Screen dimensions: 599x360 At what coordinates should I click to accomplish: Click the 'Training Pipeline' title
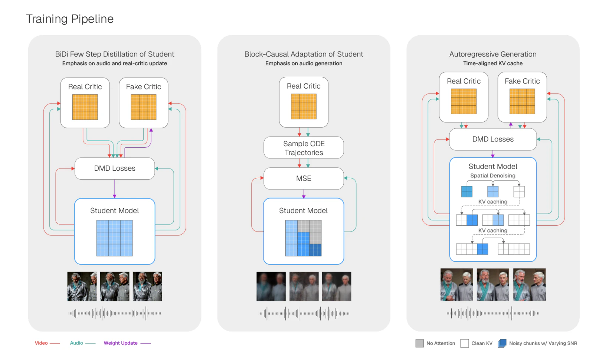pyautogui.click(x=70, y=19)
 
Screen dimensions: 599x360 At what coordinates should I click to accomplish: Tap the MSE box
pyautogui.click(x=304, y=179)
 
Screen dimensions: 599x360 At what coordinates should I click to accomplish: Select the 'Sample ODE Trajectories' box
pyautogui.click(x=304, y=148)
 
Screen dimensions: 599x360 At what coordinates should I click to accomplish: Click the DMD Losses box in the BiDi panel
pyautogui.click(x=114, y=168)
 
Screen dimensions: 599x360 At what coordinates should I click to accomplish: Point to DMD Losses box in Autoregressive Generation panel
pyautogui.click(x=493, y=139)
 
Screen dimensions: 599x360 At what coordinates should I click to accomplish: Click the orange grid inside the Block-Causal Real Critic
pyautogui.click(x=304, y=106)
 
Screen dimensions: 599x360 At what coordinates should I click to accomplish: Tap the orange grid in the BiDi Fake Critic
pyautogui.click(x=144, y=107)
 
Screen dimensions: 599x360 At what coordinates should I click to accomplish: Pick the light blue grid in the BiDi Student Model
pyautogui.click(x=114, y=238)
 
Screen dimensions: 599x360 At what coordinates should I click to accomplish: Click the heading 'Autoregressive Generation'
pyautogui.click(x=493, y=54)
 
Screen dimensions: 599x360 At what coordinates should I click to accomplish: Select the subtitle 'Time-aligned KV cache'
pyautogui.click(x=493, y=63)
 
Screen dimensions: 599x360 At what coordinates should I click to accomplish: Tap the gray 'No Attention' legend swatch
pyautogui.click(x=420, y=343)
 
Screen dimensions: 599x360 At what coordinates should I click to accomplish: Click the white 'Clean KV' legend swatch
pyautogui.click(x=465, y=343)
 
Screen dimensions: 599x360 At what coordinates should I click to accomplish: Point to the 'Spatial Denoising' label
pyautogui.click(x=493, y=176)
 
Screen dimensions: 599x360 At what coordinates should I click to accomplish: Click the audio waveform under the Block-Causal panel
pyautogui.click(x=304, y=313)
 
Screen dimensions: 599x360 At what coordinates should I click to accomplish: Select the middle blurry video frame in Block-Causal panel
pyautogui.click(x=304, y=287)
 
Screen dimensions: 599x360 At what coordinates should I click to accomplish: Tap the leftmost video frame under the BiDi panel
pyautogui.click(x=82, y=287)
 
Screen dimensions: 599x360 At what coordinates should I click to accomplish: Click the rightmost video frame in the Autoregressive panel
pyautogui.click(x=529, y=285)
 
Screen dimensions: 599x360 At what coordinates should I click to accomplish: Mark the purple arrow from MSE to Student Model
pyautogui.click(x=304, y=194)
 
